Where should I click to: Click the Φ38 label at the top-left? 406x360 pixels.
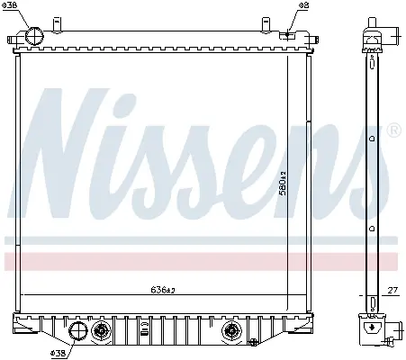10,5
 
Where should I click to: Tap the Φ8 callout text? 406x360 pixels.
303,5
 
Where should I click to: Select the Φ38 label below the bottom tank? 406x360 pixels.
58,353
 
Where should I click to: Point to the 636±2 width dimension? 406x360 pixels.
163,290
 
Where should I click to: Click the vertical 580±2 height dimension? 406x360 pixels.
283,184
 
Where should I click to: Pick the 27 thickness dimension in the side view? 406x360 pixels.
392,290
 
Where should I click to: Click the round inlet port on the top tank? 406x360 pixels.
34,36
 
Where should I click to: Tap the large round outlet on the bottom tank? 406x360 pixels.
78,331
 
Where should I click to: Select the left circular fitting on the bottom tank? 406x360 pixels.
101,331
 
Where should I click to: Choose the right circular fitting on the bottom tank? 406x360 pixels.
231,331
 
